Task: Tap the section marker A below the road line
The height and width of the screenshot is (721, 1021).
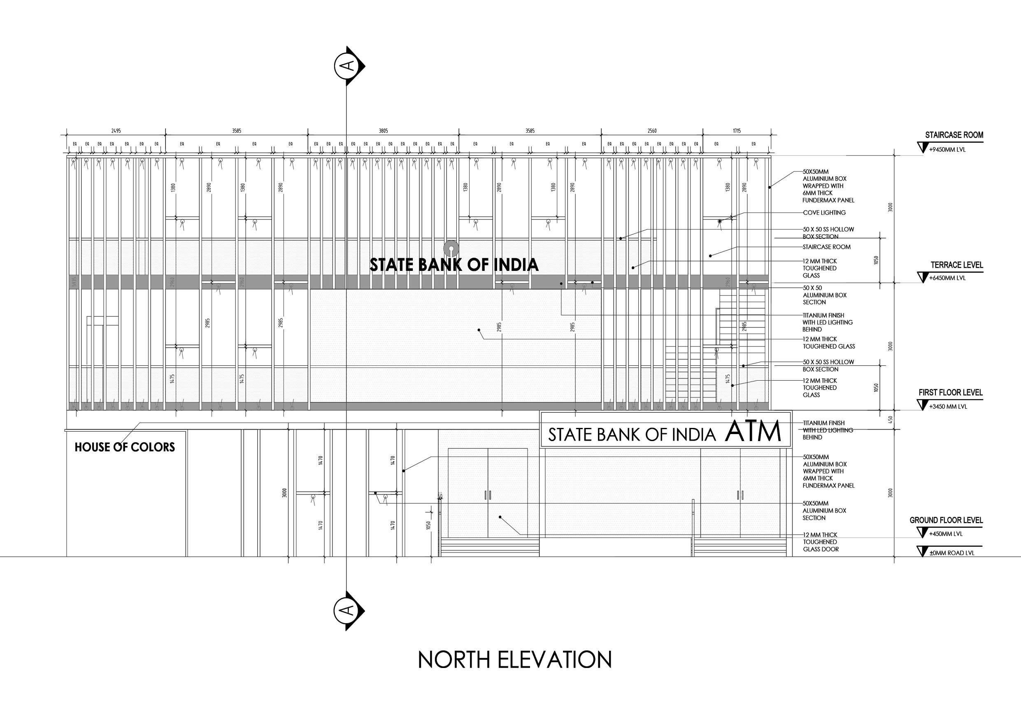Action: click(x=349, y=610)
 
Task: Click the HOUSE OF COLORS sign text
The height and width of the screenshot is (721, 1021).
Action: click(x=125, y=447)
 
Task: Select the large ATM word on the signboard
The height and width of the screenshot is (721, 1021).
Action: click(x=753, y=431)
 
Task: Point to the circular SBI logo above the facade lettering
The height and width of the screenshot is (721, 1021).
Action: click(x=451, y=247)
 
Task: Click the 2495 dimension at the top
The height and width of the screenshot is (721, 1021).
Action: click(x=116, y=131)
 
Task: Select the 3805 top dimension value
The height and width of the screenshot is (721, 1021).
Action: click(x=383, y=131)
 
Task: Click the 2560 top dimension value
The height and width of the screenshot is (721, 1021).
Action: click(x=652, y=131)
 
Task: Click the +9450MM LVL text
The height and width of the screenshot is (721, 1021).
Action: click(x=947, y=150)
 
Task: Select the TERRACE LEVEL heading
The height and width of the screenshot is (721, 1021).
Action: click(x=957, y=265)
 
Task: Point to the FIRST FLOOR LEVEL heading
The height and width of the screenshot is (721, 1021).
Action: click(x=951, y=393)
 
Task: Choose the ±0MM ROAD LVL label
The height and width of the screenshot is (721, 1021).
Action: click(x=951, y=553)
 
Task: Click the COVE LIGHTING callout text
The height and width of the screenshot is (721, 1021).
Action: click(x=824, y=213)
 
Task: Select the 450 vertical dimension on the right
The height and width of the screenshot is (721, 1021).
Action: click(x=890, y=419)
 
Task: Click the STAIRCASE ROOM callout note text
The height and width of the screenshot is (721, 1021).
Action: click(x=826, y=247)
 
